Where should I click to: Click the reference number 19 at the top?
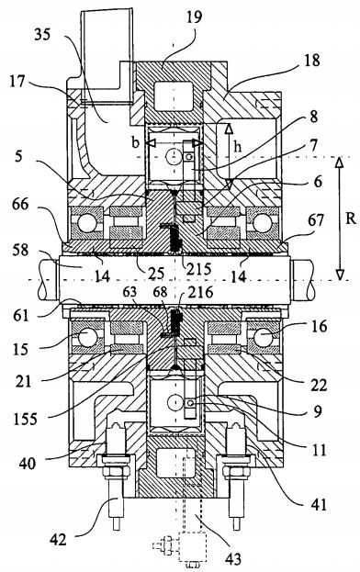[194, 17]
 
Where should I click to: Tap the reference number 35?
[42, 35]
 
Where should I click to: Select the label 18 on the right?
[311, 61]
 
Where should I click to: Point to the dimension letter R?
[351, 219]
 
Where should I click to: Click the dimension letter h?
[238, 147]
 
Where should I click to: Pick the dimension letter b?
[136, 142]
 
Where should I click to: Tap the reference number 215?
[198, 269]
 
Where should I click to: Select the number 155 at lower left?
[25, 420]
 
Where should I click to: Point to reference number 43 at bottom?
[233, 558]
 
